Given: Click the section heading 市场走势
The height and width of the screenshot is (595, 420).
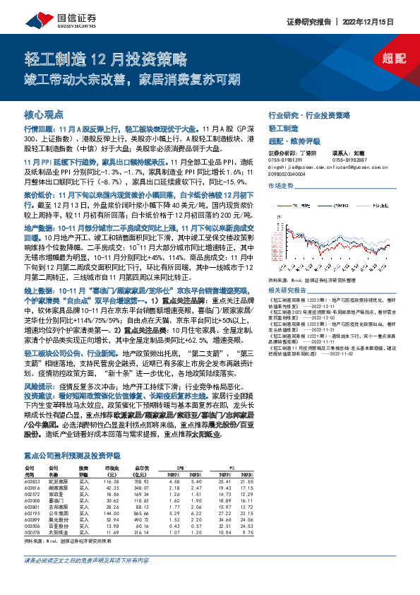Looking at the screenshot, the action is [280, 185].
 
